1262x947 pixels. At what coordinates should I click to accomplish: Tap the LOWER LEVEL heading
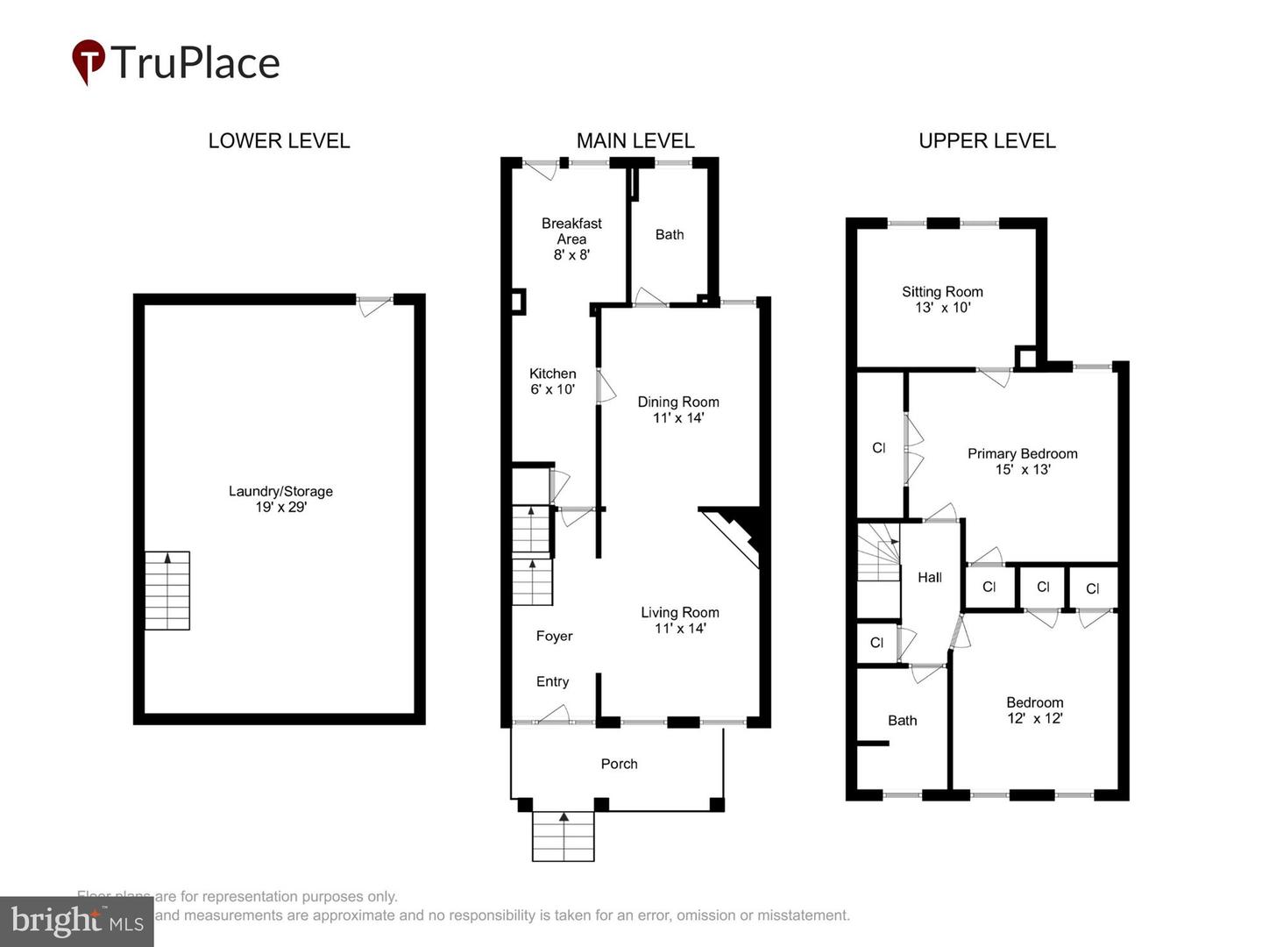tap(279, 140)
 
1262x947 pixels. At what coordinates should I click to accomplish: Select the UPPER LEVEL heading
tap(987, 140)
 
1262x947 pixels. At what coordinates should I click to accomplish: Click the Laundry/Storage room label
tap(280, 499)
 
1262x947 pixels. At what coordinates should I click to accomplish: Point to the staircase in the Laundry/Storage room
tap(167, 590)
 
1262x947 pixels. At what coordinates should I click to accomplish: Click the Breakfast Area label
tap(571, 239)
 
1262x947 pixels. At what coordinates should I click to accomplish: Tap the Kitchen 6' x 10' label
tap(552, 381)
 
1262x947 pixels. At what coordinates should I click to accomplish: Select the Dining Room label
tap(678, 409)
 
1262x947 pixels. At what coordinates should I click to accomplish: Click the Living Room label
tap(679, 620)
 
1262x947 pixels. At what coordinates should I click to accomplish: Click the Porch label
tap(619, 764)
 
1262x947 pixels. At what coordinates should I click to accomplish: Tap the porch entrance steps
tap(564, 837)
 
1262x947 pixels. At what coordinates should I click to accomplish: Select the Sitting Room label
tap(942, 299)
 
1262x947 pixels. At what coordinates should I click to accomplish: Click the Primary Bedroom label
tap(1022, 461)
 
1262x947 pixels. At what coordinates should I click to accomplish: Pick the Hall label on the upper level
tap(930, 577)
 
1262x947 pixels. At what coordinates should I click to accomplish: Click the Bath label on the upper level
tap(902, 721)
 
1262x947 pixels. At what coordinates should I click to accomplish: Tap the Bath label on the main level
tap(670, 234)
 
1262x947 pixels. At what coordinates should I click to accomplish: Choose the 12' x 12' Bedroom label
tap(1034, 710)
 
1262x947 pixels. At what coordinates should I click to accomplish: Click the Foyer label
tap(554, 636)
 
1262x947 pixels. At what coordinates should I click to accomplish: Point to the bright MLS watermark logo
tap(76, 922)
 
